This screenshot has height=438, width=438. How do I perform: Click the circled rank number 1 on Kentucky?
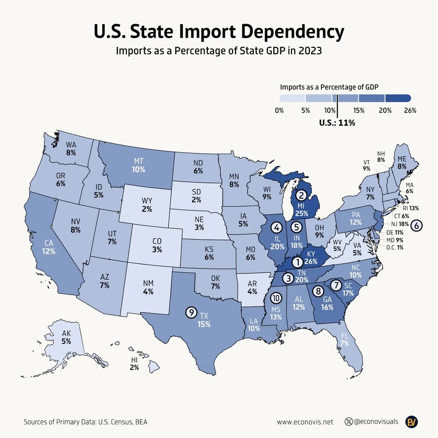(x=297, y=262)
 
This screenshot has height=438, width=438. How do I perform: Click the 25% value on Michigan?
(x=301, y=214)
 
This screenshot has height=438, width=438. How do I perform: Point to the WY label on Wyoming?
(x=147, y=201)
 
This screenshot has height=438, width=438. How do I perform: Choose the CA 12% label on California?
(x=49, y=247)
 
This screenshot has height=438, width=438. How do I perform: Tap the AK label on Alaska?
(x=67, y=333)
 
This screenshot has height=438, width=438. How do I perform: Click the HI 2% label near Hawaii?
(x=134, y=364)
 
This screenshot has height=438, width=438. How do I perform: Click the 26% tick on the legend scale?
(x=410, y=110)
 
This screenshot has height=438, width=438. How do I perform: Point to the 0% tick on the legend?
(x=279, y=110)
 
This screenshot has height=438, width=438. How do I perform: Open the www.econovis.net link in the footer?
(x=305, y=422)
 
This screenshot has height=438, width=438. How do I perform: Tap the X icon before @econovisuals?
(x=349, y=422)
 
